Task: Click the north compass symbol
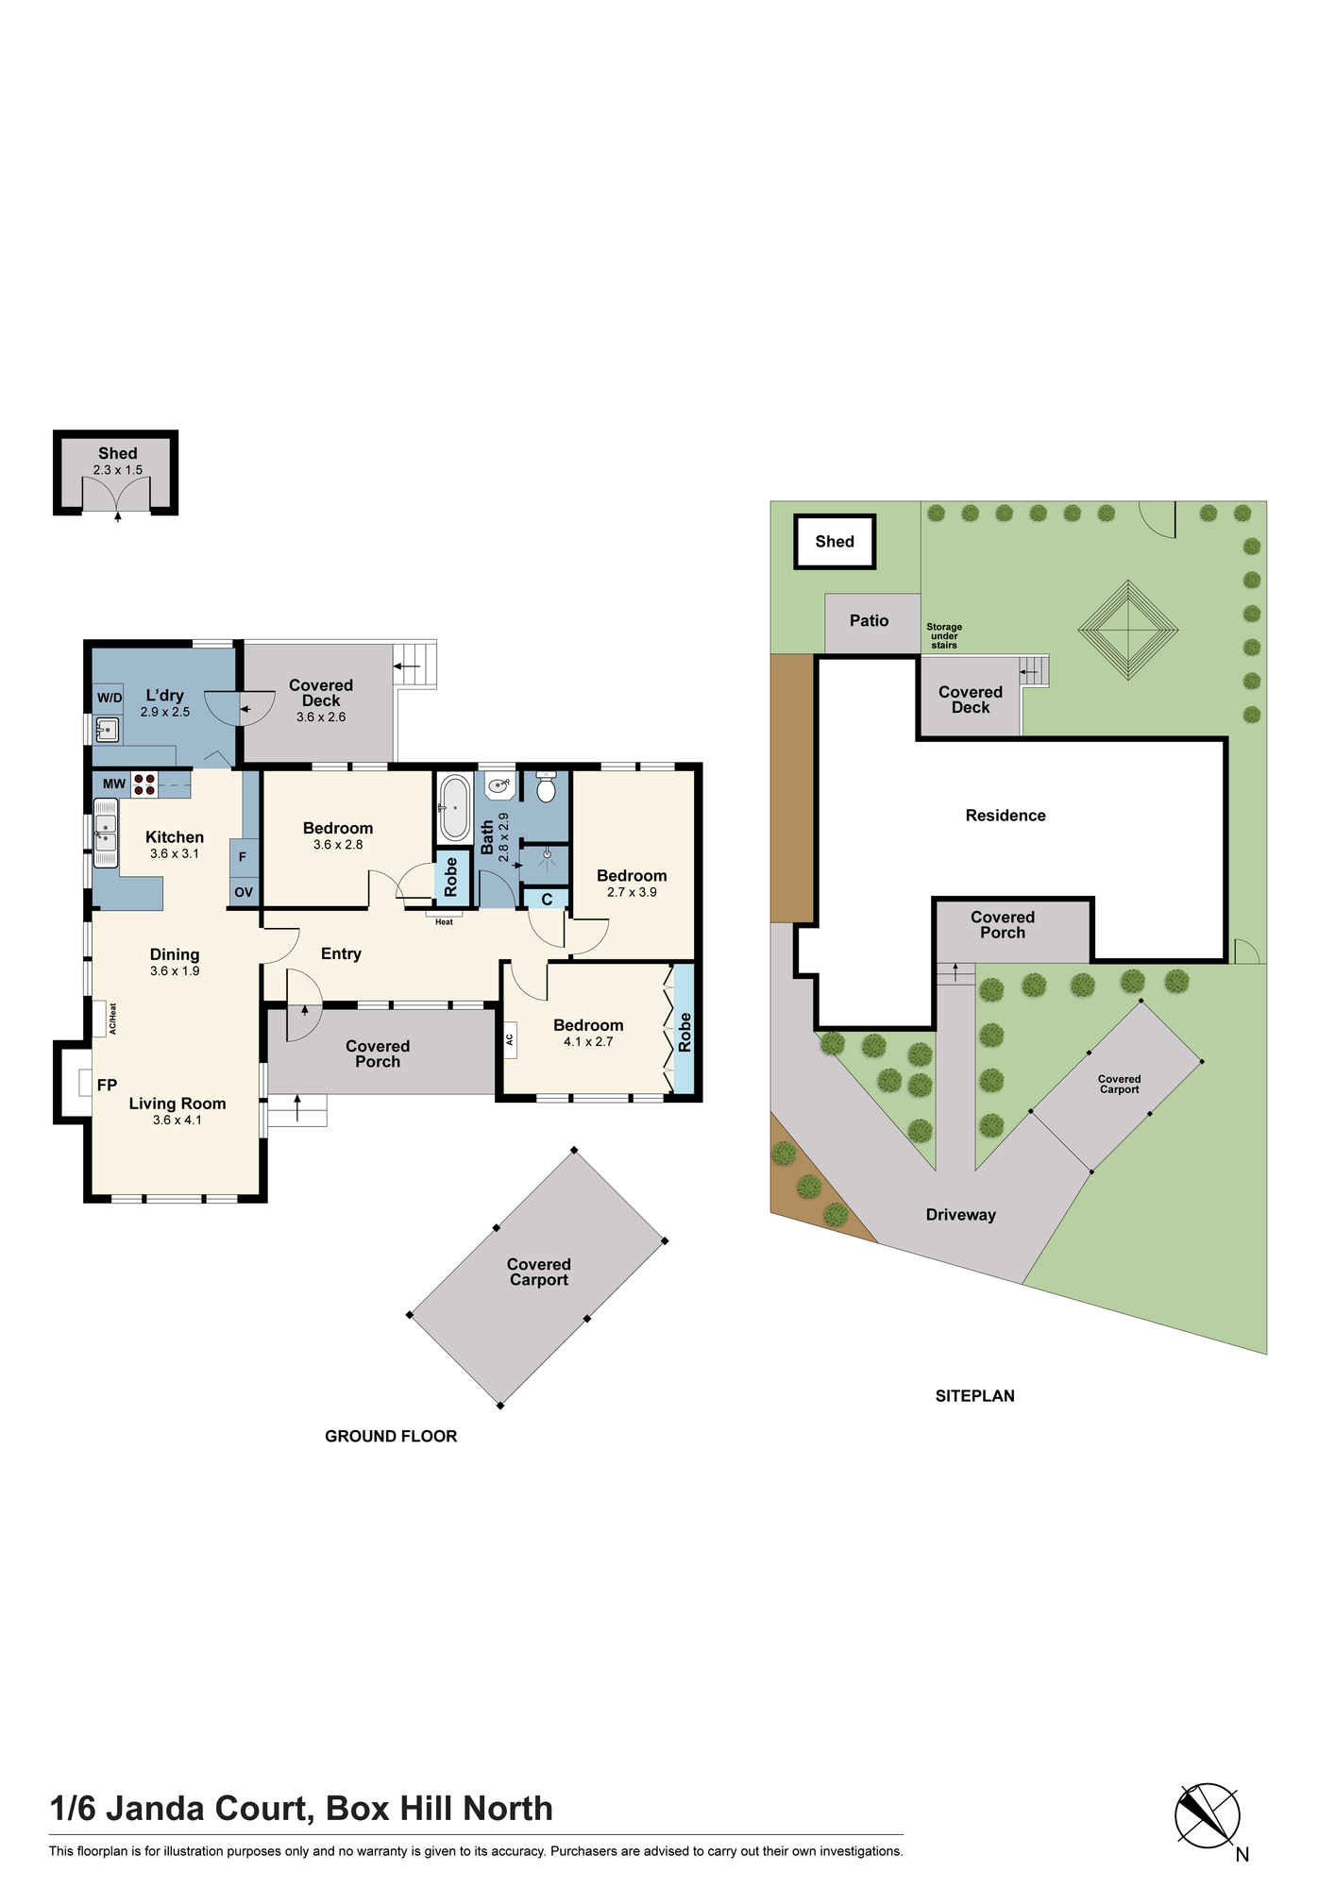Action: coord(1207,1815)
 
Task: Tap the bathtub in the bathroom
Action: coord(455,807)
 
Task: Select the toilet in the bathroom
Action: coord(546,787)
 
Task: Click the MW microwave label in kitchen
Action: coord(114,784)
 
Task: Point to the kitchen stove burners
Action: coord(144,784)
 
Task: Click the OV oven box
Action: coord(244,892)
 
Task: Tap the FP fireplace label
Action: coord(107,1086)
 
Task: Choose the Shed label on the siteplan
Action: coord(835,541)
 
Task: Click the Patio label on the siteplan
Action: coord(869,620)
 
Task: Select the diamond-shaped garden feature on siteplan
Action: coord(1127,630)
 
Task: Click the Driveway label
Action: coord(961,1215)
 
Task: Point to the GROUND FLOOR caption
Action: coord(391,1436)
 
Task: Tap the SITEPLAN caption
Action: coord(975,1396)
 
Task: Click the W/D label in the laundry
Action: coord(110,698)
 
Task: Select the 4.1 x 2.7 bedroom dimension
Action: coord(588,1042)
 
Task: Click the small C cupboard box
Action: coord(547,900)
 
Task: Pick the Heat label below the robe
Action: coord(444,921)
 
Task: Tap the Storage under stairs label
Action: coord(944,635)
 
